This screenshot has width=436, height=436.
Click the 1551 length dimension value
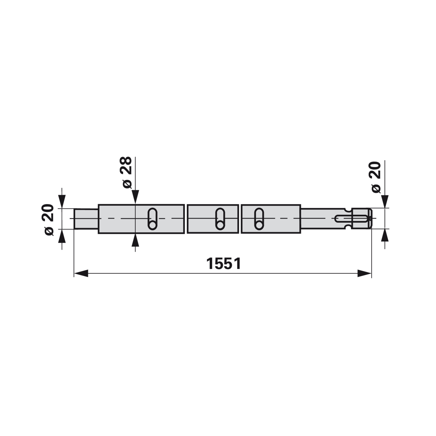click(x=224, y=264)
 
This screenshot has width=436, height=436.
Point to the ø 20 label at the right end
click(x=376, y=177)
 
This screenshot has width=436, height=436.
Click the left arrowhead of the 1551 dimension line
click(x=81, y=273)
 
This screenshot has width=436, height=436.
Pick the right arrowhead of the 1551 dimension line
click(x=364, y=273)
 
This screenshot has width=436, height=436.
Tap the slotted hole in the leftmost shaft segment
click(x=153, y=219)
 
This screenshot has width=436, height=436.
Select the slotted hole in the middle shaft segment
click(x=220, y=219)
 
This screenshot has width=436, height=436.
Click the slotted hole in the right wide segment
click(x=259, y=219)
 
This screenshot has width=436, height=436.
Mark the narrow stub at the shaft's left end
click(x=86, y=219)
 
